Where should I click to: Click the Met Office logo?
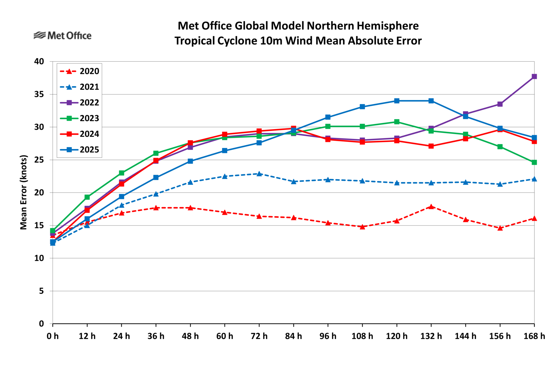63,36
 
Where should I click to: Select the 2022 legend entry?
80,103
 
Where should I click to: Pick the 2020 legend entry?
80,71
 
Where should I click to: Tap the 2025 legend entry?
80,150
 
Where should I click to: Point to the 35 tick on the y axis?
39,94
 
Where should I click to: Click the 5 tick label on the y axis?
41,291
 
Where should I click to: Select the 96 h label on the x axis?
328,336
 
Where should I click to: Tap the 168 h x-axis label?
534,336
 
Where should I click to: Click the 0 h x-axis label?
53,336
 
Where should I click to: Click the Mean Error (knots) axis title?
24,192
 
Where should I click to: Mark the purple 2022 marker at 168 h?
534,77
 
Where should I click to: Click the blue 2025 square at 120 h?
397,101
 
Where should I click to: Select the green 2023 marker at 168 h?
534,162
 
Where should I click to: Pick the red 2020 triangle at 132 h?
431,206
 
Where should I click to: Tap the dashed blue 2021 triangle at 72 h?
259,174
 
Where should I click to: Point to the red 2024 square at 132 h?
431,146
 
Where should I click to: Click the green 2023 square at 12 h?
87,197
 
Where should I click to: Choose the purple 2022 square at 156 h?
500,104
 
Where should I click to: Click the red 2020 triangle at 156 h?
500,228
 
